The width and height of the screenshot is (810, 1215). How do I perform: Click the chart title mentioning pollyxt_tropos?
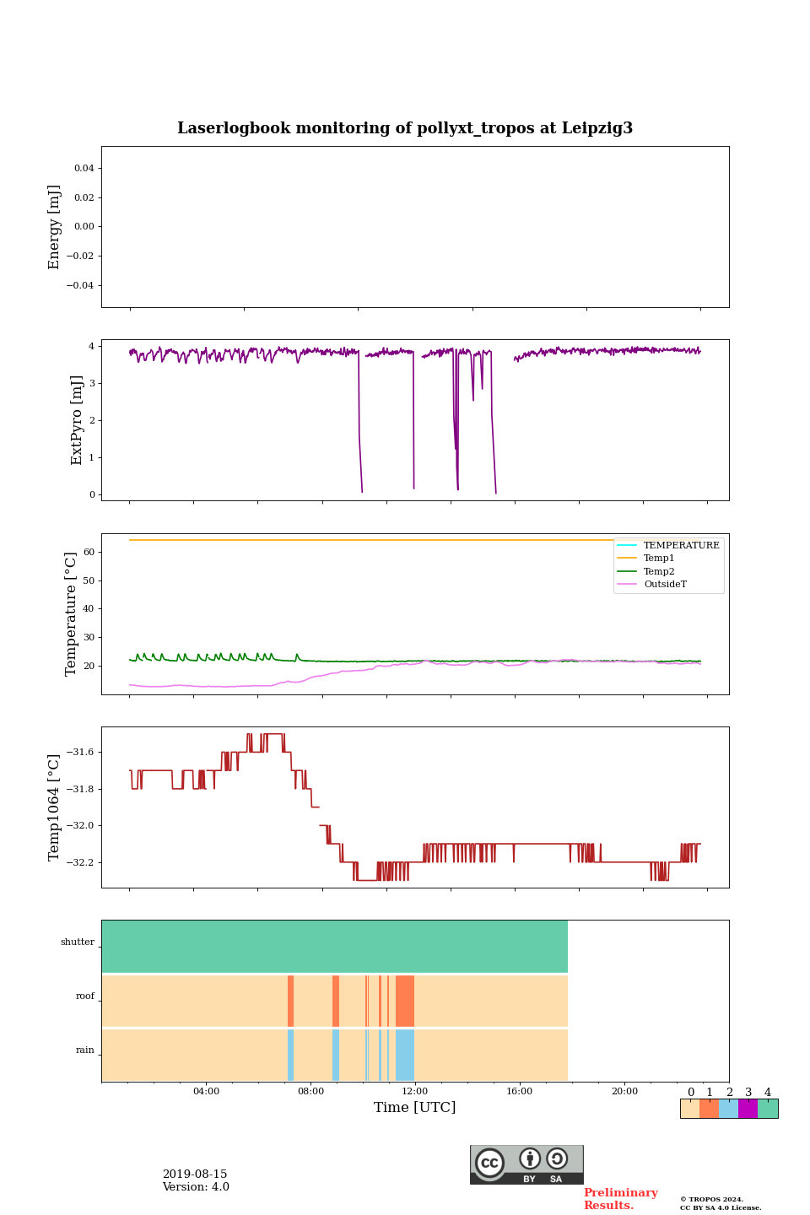pos(405,128)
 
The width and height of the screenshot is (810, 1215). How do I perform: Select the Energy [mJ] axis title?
pos(55,227)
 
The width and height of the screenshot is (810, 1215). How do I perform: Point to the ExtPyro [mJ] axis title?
pos(77,420)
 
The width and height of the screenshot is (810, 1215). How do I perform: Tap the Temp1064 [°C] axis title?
pos(55,807)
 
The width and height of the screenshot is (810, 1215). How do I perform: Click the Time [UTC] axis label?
pos(414,1107)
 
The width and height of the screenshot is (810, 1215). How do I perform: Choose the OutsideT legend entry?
pos(665,585)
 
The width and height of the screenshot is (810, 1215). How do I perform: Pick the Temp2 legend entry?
pos(659,571)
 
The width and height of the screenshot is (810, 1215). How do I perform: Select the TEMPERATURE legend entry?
pos(681,545)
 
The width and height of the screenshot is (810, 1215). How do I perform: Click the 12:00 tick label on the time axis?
pos(415,1091)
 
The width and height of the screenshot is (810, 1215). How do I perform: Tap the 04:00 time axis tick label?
pos(206,1091)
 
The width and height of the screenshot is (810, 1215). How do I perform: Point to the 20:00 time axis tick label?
pos(624,1091)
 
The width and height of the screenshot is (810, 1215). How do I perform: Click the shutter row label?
pos(78,942)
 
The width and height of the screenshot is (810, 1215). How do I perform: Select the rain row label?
pos(85,1050)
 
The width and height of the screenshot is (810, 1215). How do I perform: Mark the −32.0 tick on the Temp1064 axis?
pos(78,826)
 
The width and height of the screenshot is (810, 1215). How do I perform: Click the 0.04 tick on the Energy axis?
pos(84,169)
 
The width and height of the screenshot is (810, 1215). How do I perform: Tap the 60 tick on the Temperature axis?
pos(89,553)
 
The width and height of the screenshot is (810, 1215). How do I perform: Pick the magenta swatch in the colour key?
pos(748,1109)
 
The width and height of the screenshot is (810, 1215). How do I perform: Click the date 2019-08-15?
pos(195,1174)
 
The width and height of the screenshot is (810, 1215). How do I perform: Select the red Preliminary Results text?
pos(620,1199)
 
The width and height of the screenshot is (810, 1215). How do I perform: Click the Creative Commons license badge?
pos(526,1164)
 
